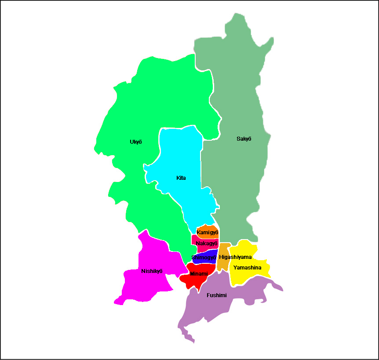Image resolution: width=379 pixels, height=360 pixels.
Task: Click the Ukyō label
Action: tap(136, 142)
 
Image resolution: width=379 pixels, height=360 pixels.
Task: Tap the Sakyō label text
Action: tap(244, 139)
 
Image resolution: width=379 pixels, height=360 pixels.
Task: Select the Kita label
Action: tap(181, 178)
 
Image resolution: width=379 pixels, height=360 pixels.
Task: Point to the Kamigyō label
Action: tap(208, 232)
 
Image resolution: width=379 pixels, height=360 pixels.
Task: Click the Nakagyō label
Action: tap(207, 244)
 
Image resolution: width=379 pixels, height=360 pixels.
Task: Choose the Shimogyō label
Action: tap(204, 258)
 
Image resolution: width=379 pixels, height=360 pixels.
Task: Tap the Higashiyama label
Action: tap(235, 257)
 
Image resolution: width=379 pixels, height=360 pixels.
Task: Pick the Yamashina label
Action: tap(247, 268)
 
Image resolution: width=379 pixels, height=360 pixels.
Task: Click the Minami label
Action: tap(199, 274)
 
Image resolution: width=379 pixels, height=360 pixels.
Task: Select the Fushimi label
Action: tap(217, 295)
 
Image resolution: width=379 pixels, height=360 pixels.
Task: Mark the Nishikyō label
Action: tap(152, 271)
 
